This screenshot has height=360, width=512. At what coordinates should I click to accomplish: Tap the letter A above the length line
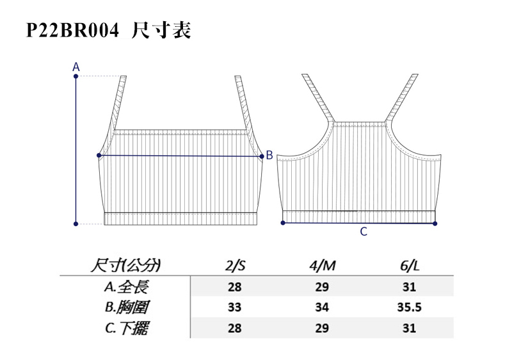click(76, 67)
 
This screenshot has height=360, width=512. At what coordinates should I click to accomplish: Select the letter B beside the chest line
click(269, 155)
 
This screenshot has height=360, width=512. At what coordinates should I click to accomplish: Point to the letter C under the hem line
click(364, 232)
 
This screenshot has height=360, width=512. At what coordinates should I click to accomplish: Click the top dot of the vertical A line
click(76, 77)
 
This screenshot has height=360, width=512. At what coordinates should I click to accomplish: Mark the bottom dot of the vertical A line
click(76, 224)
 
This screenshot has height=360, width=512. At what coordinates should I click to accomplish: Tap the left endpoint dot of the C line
click(284, 223)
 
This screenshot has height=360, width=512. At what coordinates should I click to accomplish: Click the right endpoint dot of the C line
click(435, 224)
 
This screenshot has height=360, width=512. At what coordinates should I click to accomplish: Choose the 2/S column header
click(235, 265)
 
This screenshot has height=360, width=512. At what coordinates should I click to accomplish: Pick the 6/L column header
click(410, 265)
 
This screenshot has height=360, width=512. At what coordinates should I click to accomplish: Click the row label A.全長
click(127, 286)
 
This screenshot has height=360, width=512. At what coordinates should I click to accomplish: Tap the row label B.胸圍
click(127, 307)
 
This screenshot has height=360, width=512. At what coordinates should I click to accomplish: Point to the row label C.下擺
click(127, 328)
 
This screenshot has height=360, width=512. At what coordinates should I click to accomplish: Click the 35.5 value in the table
click(410, 307)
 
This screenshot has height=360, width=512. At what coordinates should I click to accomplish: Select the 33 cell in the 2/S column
click(235, 307)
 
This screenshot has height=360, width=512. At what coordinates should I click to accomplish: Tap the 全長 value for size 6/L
click(410, 286)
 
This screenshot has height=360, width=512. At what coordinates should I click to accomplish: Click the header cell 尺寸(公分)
click(127, 265)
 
